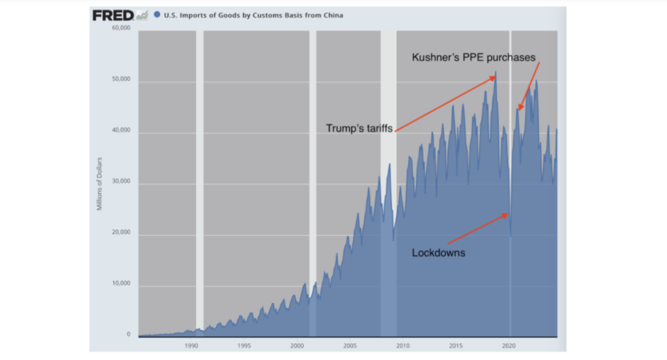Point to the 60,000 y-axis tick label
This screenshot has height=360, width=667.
tap(122, 29)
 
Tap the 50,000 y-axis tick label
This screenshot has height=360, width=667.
tap(122, 80)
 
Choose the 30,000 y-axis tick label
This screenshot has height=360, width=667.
tap(122, 182)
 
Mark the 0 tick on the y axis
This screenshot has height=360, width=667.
tap(128, 335)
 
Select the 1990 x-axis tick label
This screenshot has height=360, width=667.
tap(191, 346)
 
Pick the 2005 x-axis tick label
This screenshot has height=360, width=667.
tap(350, 346)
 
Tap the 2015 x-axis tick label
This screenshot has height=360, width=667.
tap(456, 346)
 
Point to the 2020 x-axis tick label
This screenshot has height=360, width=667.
tap(509, 346)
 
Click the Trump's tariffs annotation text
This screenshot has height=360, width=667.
tap(360, 128)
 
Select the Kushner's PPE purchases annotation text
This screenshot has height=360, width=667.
tap(474, 57)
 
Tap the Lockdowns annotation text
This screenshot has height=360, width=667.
tap(438, 253)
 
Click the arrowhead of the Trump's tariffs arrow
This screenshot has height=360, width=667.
tap(495, 77)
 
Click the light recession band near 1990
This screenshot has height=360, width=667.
tap(200, 182)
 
